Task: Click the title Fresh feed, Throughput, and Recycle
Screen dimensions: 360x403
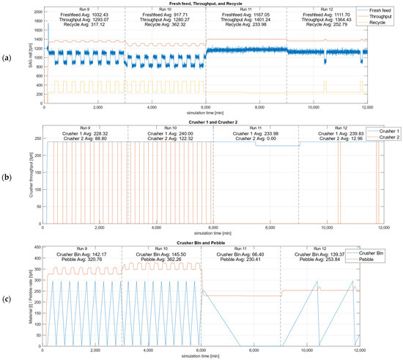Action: click(x=202, y=4)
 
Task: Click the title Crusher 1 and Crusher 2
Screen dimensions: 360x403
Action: click(x=202, y=120)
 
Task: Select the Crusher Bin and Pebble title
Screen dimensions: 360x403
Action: click(x=202, y=243)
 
